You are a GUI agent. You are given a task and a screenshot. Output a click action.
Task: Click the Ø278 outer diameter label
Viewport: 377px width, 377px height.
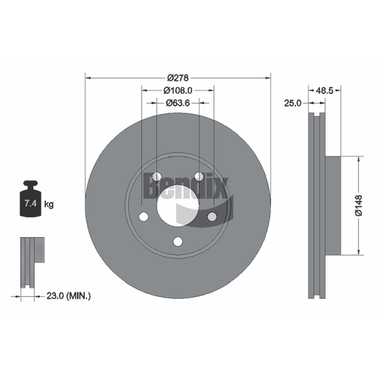(178, 78)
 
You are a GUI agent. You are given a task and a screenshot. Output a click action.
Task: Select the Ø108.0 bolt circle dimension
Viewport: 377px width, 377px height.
(178, 90)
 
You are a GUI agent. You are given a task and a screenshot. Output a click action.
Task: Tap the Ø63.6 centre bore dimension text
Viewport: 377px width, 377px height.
(178, 103)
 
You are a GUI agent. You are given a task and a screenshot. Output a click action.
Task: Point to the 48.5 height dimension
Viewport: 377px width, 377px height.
(325, 90)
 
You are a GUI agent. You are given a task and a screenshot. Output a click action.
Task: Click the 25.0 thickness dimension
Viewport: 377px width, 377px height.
(293, 103)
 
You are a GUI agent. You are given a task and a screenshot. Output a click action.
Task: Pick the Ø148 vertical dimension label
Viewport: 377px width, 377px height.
(359, 205)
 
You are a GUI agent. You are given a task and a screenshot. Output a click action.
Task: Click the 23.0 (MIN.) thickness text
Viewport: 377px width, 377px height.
(68, 296)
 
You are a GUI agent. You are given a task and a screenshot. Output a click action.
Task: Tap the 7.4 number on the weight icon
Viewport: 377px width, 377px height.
(31, 204)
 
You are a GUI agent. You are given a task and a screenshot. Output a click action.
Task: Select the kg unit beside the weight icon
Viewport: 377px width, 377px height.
(49, 205)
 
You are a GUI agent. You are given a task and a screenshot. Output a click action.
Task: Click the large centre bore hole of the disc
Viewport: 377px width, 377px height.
(178, 206)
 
